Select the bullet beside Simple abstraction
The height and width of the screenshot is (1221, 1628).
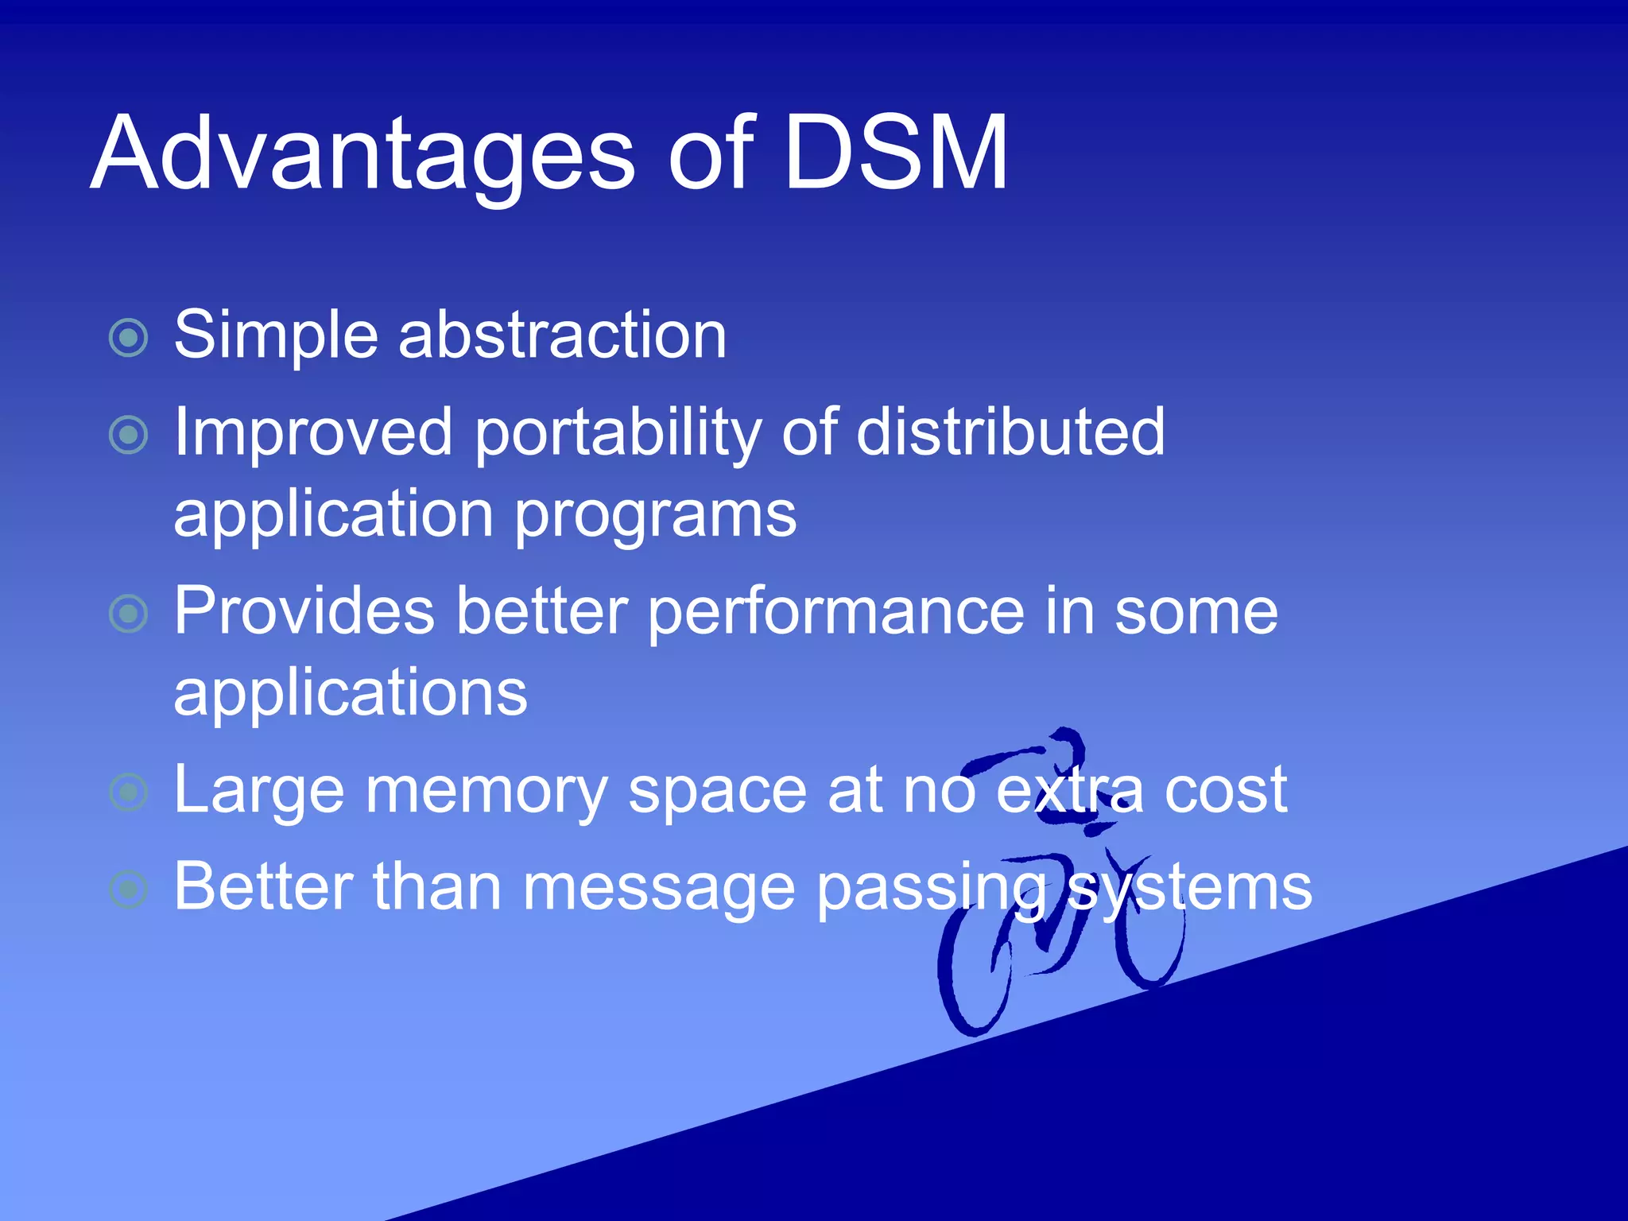[x=129, y=338]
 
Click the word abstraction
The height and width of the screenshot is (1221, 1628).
[x=562, y=335]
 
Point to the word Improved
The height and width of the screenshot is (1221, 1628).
[x=312, y=433]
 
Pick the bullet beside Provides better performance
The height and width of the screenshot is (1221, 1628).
[x=129, y=614]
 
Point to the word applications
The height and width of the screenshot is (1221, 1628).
[x=350, y=693]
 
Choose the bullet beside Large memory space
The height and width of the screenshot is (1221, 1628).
[x=129, y=792]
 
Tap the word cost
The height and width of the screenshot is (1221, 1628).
[x=1225, y=791]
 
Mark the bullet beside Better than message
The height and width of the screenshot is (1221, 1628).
[x=129, y=890]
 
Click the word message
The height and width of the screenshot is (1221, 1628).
[x=659, y=889]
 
